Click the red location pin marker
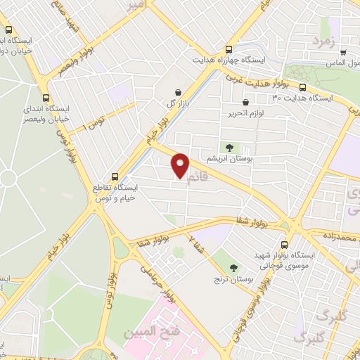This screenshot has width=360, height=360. (181, 165)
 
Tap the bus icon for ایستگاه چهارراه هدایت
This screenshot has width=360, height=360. (229, 50)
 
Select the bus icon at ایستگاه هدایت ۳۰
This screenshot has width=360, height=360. (302, 88)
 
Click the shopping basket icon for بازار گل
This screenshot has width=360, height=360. (178, 92)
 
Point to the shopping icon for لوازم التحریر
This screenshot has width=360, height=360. (245, 102)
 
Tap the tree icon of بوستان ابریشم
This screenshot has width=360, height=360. (229, 147)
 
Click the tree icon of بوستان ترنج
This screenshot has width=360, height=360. (233, 266)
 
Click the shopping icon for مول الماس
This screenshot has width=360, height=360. (342, 51)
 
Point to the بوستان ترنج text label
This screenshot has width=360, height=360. (233, 280)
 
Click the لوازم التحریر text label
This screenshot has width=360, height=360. (245, 112)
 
